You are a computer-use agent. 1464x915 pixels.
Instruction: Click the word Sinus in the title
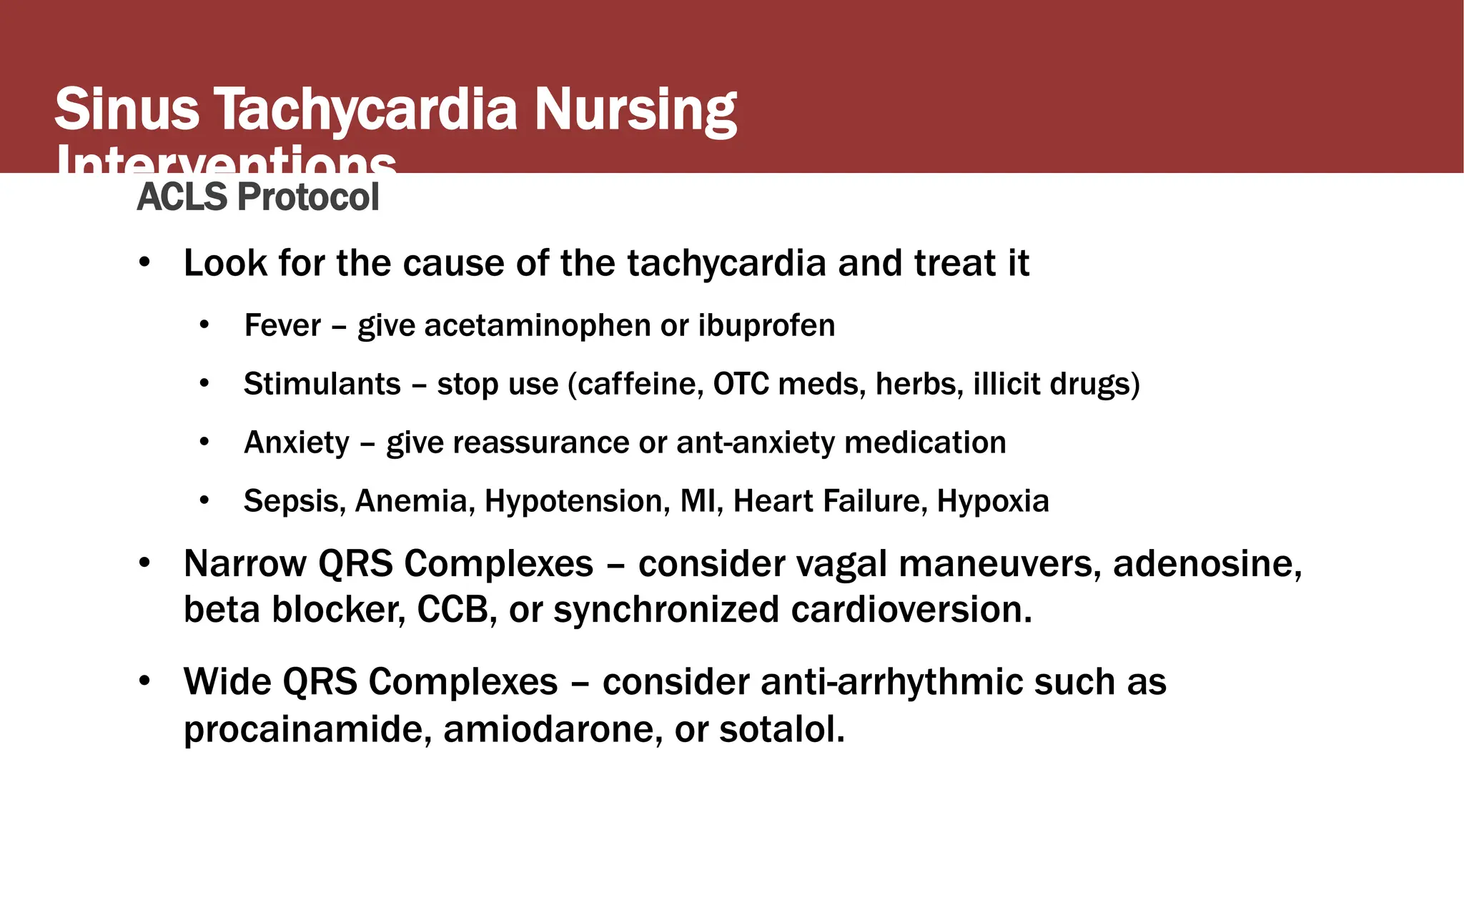(x=127, y=109)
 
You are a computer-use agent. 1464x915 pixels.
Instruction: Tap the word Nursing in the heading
(x=635, y=111)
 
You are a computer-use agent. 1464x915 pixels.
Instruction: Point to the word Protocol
(x=308, y=197)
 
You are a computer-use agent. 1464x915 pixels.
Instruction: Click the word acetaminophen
(x=537, y=326)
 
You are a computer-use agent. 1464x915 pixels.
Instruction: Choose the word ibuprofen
(x=766, y=326)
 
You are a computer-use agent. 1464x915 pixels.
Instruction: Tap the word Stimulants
(x=322, y=385)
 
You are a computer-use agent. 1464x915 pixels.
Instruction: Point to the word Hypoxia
(x=993, y=501)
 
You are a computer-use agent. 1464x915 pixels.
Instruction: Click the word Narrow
(x=244, y=564)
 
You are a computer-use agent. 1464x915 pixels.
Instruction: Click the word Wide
(x=227, y=682)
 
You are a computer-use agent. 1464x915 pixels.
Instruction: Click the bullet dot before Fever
(x=204, y=326)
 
